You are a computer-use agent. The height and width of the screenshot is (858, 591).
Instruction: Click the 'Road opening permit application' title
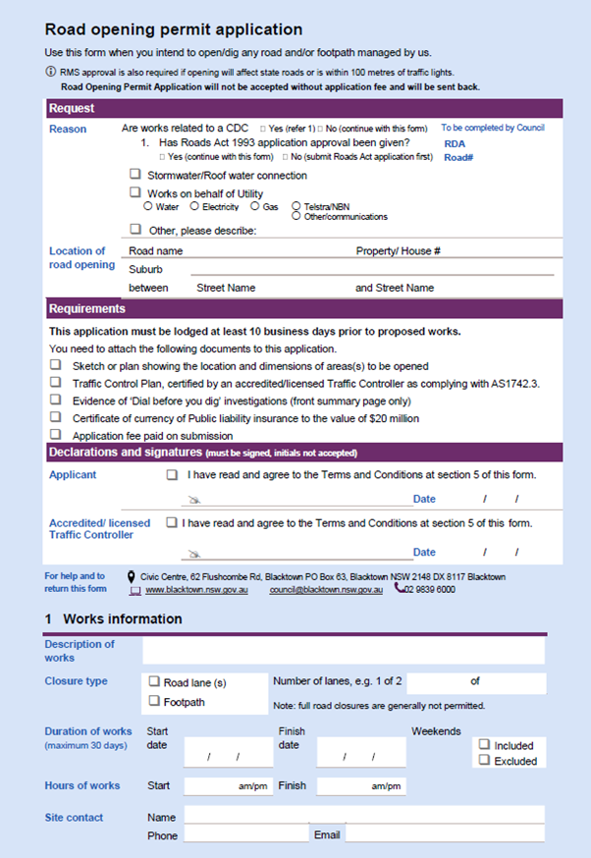pyautogui.click(x=173, y=30)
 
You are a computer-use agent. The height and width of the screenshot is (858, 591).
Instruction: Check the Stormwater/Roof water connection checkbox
pyautogui.click(x=135, y=175)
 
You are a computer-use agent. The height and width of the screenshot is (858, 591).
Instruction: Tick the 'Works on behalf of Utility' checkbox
pyautogui.click(x=135, y=193)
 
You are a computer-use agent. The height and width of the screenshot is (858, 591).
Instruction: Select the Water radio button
pyautogui.click(x=148, y=206)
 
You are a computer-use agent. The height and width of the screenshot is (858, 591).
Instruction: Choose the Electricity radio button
pyautogui.click(x=194, y=206)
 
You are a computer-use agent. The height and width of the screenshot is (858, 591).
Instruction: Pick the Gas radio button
pyautogui.click(x=255, y=206)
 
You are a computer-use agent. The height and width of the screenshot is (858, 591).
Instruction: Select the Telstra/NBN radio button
pyautogui.click(x=296, y=206)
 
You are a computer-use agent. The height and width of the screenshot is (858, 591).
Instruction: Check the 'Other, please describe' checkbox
pyautogui.click(x=135, y=230)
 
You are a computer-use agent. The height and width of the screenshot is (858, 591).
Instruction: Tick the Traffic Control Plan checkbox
pyautogui.click(x=56, y=382)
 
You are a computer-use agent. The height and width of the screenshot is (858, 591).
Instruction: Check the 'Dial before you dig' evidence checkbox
pyautogui.click(x=56, y=400)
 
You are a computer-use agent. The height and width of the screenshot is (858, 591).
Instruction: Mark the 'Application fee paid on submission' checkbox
pyautogui.click(x=56, y=435)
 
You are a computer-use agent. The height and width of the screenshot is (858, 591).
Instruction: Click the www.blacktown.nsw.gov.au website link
pyautogui.click(x=196, y=590)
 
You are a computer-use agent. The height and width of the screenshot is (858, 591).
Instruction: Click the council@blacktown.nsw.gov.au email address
pyautogui.click(x=326, y=590)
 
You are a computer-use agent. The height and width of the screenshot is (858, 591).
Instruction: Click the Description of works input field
pyautogui.click(x=343, y=651)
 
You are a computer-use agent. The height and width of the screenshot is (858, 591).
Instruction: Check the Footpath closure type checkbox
pyautogui.click(x=154, y=701)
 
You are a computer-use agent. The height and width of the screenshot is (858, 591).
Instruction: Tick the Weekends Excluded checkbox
pyautogui.click(x=484, y=760)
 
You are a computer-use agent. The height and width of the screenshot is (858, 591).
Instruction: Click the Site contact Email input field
pyautogui.click(x=444, y=834)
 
